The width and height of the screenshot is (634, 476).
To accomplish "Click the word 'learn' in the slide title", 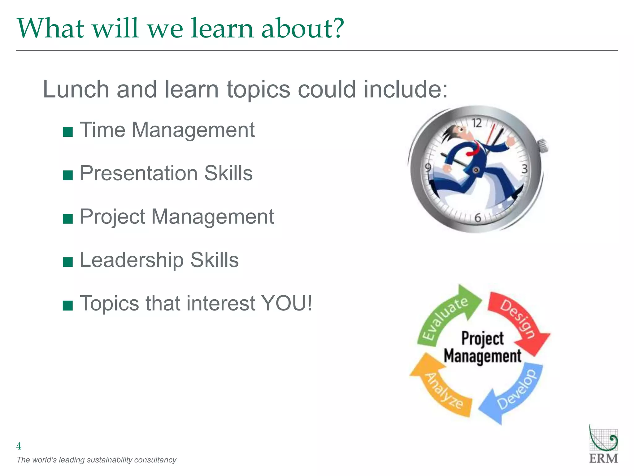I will point(222,28).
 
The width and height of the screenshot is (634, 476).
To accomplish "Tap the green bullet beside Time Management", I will point(68,132).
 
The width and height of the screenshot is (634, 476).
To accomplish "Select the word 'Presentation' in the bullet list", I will point(138,173).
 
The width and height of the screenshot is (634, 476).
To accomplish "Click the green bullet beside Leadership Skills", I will point(68,262).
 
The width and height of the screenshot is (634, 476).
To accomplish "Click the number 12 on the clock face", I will point(477,123).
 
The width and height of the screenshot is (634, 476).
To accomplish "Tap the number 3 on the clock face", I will point(524,169).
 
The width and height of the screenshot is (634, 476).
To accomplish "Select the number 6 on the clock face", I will point(478,218).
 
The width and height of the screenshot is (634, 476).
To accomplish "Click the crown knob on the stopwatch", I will point(542,146).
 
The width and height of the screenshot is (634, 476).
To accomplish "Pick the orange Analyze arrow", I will point(443,387).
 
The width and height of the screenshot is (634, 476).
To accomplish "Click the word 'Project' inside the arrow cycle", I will point(482,338).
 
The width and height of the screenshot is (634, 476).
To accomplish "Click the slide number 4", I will point(19,446).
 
